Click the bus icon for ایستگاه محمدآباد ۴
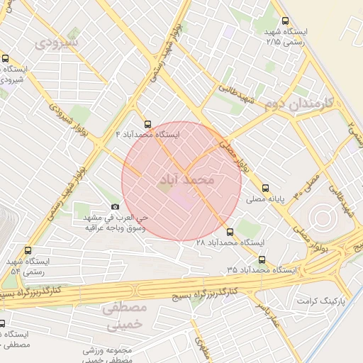[x=147, y=123]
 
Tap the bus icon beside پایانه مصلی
[x=265, y=189]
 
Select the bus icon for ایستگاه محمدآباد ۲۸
[x=230, y=232]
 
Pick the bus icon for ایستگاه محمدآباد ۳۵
[x=262, y=259]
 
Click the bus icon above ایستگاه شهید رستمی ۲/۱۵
[x=285, y=21]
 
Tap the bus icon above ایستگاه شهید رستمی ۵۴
[x=28, y=250]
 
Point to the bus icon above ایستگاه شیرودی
[x=6, y=59]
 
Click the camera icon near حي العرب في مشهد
[x=116, y=206]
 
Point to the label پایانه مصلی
[x=265, y=200]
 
